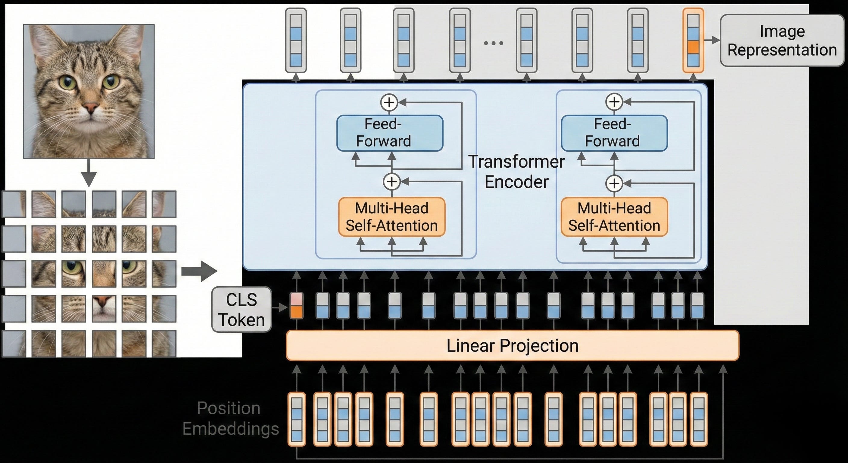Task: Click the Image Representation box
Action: click(x=782, y=40)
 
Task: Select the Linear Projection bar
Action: click(x=512, y=346)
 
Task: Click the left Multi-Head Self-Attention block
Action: click(x=392, y=217)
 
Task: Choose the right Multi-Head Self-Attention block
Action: click(x=614, y=217)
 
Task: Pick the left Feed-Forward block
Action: click(x=390, y=133)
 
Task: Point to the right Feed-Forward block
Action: click(x=614, y=133)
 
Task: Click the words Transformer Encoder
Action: click(x=516, y=172)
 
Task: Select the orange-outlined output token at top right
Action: click(x=693, y=40)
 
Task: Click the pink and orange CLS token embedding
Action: click(x=296, y=305)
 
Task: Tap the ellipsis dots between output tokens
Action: click(x=494, y=43)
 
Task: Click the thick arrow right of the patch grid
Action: click(x=199, y=272)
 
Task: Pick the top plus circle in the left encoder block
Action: click(x=389, y=102)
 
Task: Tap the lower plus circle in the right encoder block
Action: click(x=614, y=183)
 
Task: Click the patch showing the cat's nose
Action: click(x=104, y=308)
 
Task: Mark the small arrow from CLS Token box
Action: click(x=280, y=308)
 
